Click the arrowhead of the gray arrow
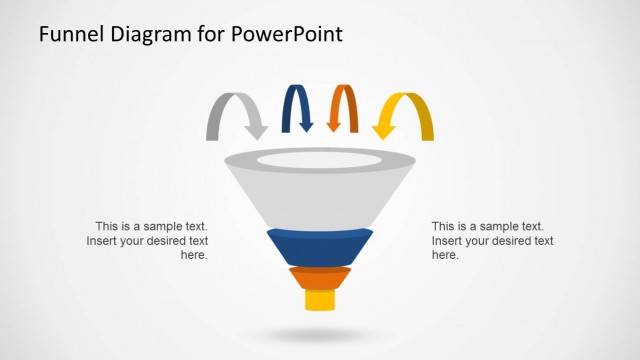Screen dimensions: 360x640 click(256, 131)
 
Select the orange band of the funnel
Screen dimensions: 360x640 click(319, 278)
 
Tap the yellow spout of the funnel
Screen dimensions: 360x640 click(319, 300)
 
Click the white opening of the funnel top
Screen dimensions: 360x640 click(319, 159)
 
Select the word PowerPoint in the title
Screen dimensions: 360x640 click(287, 35)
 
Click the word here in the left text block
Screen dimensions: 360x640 click(194, 255)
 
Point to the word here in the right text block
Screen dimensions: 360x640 click(445, 255)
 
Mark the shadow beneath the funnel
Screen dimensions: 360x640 click(319, 334)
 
